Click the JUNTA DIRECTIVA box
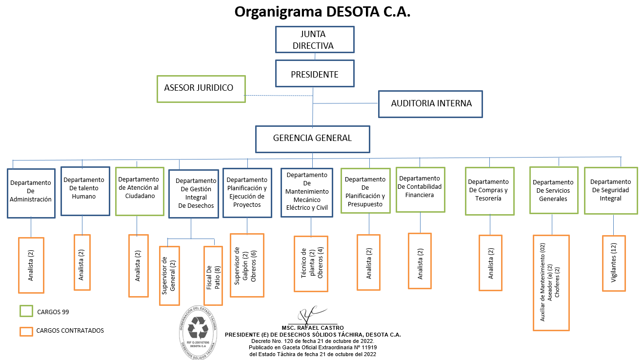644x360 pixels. coord(315,40)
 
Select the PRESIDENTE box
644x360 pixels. coord(315,74)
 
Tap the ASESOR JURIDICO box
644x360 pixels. coord(201,89)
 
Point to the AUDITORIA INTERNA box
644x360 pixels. coord(430,104)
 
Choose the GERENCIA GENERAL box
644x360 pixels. coord(312,139)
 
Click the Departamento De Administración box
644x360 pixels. coord(31,193)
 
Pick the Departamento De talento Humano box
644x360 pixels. coord(85,191)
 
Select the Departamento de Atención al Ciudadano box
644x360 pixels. coord(139,191)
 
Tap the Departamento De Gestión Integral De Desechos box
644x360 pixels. coord(193,194)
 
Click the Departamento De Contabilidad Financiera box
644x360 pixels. coord(420,189)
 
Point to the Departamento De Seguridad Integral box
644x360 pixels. coord(610,190)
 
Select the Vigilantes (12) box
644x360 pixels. coord(614,263)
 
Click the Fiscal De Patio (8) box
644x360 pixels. coord(213,275)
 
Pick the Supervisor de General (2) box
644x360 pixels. coord(169,276)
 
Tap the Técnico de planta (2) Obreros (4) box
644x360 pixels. coord(311,264)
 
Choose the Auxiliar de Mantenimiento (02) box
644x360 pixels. coord(551,283)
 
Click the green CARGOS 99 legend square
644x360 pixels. coord(26,311)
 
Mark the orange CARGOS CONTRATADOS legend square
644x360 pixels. coord(26,331)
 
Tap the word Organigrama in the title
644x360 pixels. coord(271,12)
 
